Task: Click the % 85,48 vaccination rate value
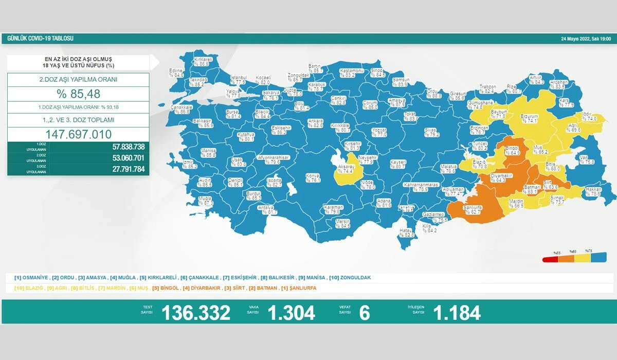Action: pyautogui.click(x=78, y=94)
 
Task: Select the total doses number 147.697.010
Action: pyautogui.click(x=78, y=134)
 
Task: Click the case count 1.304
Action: pyautogui.click(x=291, y=313)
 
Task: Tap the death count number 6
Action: pyautogui.click(x=365, y=313)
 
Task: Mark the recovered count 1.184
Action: pyautogui.click(x=457, y=313)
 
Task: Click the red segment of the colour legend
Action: pyautogui.click(x=550, y=260)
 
